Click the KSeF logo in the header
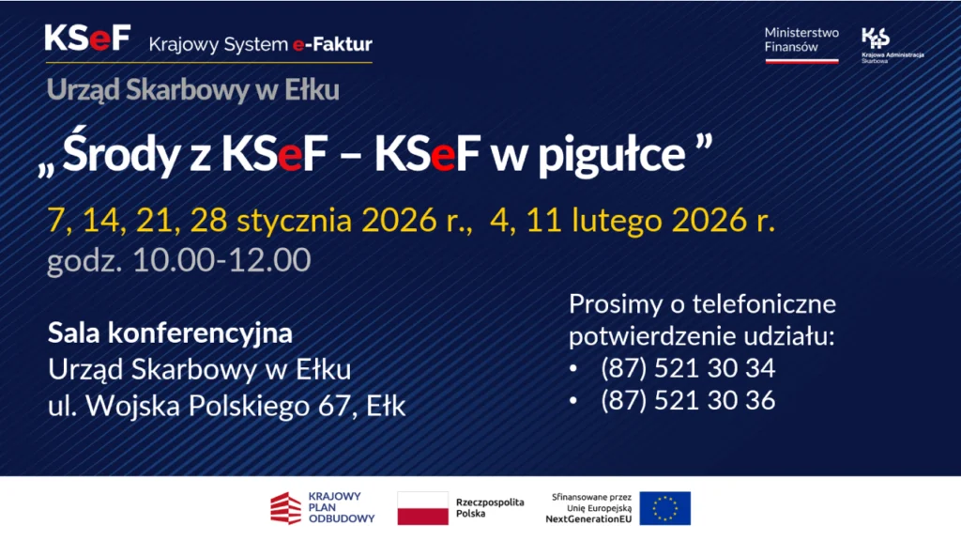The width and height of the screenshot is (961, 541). coord(87,40)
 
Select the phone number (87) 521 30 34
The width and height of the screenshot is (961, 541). coord(687,368)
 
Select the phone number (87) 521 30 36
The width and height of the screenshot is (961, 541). coord(687,400)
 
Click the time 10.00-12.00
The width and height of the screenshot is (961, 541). coord(221,260)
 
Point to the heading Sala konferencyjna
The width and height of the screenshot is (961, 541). coord(170,332)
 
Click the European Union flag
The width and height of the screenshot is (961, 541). coord(664,508)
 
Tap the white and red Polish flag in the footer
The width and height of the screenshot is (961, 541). coord(422,508)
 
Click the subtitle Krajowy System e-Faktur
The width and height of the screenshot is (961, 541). coord(260,44)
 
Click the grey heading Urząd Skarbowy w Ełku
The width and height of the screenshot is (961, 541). coord(192,90)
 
